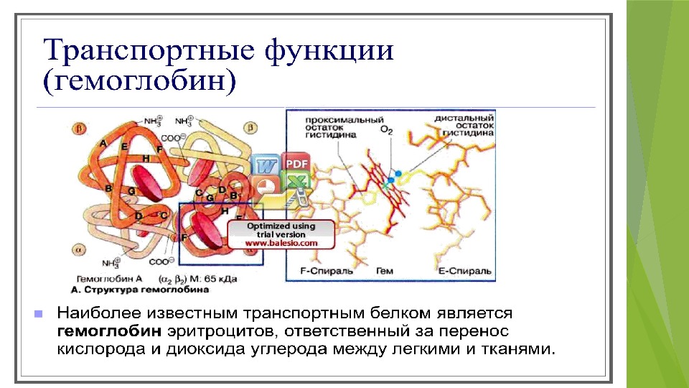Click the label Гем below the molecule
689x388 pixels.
click(384, 272)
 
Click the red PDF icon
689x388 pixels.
click(294, 164)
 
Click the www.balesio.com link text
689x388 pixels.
click(281, 244)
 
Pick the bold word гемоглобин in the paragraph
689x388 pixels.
click(109, 332)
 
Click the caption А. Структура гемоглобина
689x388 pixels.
click(140, 290)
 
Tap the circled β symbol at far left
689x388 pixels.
click(80, 129)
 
